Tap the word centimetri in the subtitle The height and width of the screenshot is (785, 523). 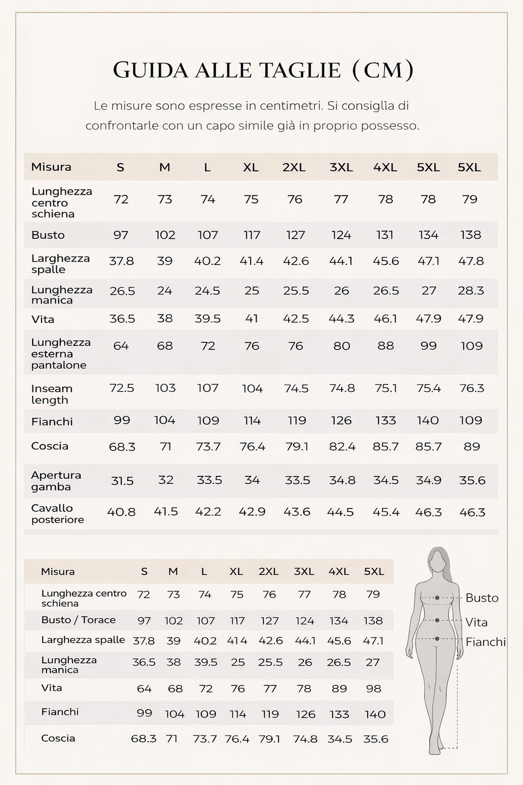tap(291, 106)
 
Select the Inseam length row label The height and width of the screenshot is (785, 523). tap(52, 394)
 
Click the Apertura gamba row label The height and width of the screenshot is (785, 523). tap(56, 480)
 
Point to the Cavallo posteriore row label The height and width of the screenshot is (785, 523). tap(57, 514)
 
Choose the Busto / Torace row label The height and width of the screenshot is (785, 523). tap(78, 620)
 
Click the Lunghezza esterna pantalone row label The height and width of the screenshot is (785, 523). tap(61, 353)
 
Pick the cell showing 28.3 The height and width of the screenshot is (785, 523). tap(470, 290)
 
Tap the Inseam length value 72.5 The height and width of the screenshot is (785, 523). tap(122, 388)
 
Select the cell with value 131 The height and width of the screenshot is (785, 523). tap(385, 235)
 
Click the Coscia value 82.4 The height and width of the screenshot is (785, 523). tap(342, 446)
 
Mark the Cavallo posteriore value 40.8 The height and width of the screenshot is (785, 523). tap(121, 512)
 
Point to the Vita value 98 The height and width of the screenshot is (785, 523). tap(373, 688)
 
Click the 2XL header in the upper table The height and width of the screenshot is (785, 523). tap(294, 167)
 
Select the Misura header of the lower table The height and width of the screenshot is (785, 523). tap(58, 571)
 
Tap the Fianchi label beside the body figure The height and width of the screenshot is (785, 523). tap(485, 642)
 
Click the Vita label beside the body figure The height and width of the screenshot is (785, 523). tap(476, 622)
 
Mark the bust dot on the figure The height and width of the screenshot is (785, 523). tap(437, 597)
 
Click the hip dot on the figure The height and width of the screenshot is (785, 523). tap(437, 639)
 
